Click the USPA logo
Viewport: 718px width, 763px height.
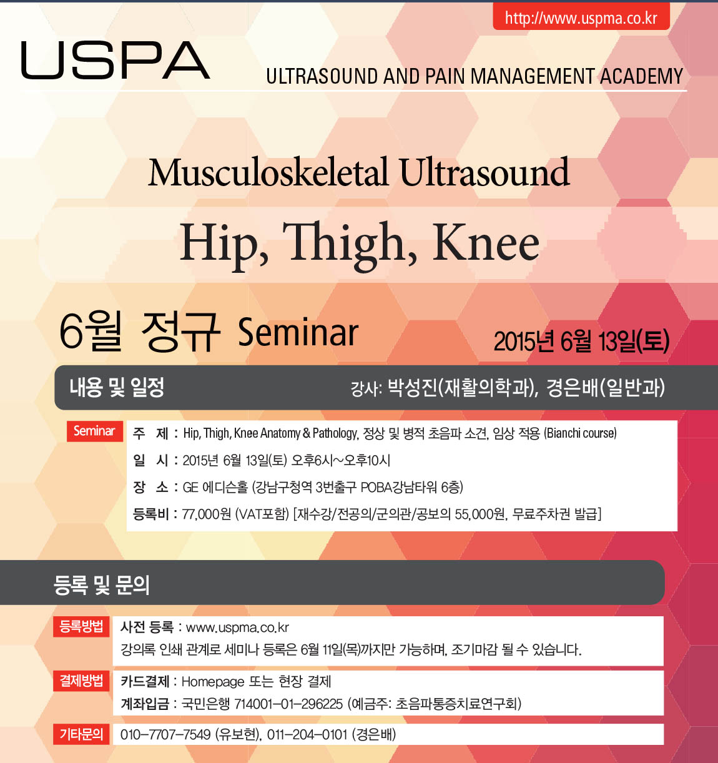click(116, 61)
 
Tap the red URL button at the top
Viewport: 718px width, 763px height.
click(581, 17)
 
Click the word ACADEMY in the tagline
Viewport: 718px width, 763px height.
click(642, 76)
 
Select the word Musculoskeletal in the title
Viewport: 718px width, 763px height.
click(268, 172)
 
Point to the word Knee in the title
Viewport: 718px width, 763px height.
click(486, 243)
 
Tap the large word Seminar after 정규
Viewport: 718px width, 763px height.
click(298, 333)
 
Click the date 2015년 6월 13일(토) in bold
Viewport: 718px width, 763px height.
click(581, 341)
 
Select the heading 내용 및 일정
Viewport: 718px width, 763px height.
click(117, 387)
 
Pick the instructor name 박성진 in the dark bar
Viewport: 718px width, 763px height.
click(412, 388)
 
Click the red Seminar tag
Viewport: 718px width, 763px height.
click(94, 431)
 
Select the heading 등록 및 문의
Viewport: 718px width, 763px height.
click(101, 586)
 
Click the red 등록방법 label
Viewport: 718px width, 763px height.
click(81, 627)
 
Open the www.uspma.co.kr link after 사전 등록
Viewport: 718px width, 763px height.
click(237, 628)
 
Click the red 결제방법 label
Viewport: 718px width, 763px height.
click(81, 681)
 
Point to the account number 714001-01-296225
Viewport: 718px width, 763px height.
click(288, 704)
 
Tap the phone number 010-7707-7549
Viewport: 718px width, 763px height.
click(165, 734)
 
